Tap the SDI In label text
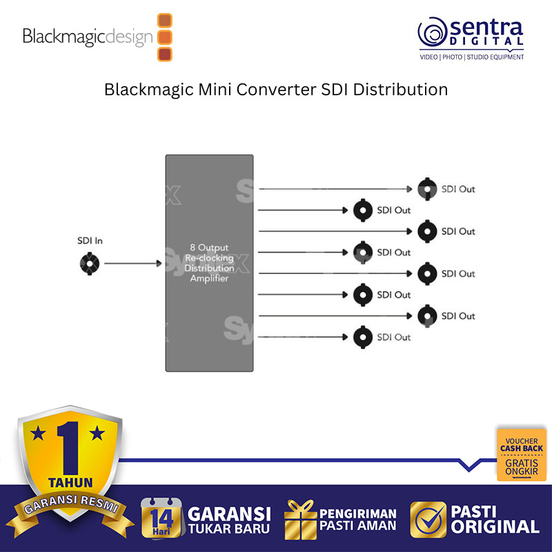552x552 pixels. (x=90, y=241)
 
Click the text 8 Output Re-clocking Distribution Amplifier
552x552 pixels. (x=209, y=263)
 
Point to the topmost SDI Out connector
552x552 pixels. (x=428, y=189)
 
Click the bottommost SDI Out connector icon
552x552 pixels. (x=362, y=337)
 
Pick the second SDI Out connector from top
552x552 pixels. (x=362, y=210)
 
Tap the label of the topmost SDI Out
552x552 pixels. (x=458, y=189)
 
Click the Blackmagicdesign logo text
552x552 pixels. (x=88, y=37)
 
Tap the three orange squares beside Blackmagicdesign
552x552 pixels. (x=165, y=37)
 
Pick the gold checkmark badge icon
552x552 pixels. (x=427, y=520)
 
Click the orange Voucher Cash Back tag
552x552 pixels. (x=522, y=455)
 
